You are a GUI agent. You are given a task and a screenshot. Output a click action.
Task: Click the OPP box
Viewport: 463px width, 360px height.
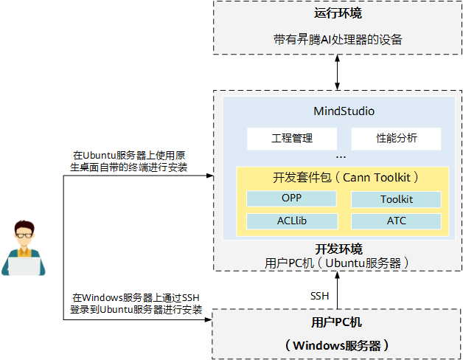click(x=291, y=198)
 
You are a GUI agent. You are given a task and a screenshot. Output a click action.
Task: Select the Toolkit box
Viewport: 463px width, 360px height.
click(x=396, y=199)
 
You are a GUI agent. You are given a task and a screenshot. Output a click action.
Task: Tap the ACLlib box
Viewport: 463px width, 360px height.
click(x=291, y=221)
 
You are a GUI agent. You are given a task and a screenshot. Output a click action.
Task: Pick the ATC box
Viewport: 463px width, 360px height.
click(x=396, y=221)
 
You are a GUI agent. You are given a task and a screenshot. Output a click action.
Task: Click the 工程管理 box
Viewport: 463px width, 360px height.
click(x=292, y=138)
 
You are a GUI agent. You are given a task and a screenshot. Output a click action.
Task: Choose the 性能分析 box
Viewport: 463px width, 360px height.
click(x=396, y=138)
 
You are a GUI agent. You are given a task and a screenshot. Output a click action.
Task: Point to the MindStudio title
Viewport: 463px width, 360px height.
click(x=344, y=111)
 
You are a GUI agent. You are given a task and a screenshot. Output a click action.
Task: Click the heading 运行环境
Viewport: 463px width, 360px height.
click(x=338, y=13)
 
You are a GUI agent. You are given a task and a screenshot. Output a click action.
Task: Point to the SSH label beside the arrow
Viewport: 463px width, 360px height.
click(x=319, y=295)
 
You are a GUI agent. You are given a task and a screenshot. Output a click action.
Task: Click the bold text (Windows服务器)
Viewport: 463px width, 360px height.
click(x=337, y=345)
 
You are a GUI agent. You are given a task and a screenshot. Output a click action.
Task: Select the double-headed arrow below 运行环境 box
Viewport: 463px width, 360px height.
click(x=338, y=72)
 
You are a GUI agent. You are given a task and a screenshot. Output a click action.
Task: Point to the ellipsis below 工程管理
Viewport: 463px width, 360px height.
click(x=341, y=157)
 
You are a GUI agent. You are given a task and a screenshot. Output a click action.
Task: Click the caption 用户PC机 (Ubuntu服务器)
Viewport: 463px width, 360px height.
click(x=337, y=262)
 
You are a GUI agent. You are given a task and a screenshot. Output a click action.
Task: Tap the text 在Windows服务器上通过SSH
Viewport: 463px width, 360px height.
click(x=136, y=298)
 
